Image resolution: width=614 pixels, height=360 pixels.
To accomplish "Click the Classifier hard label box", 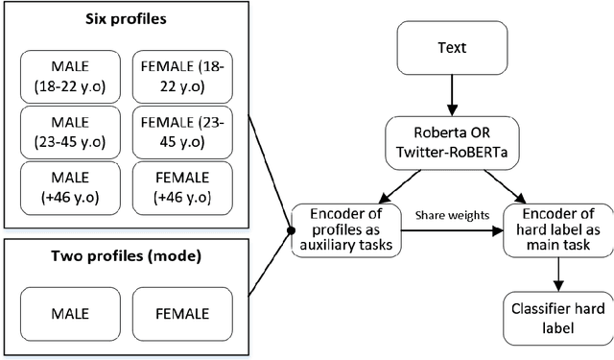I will [x=557, y=317].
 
